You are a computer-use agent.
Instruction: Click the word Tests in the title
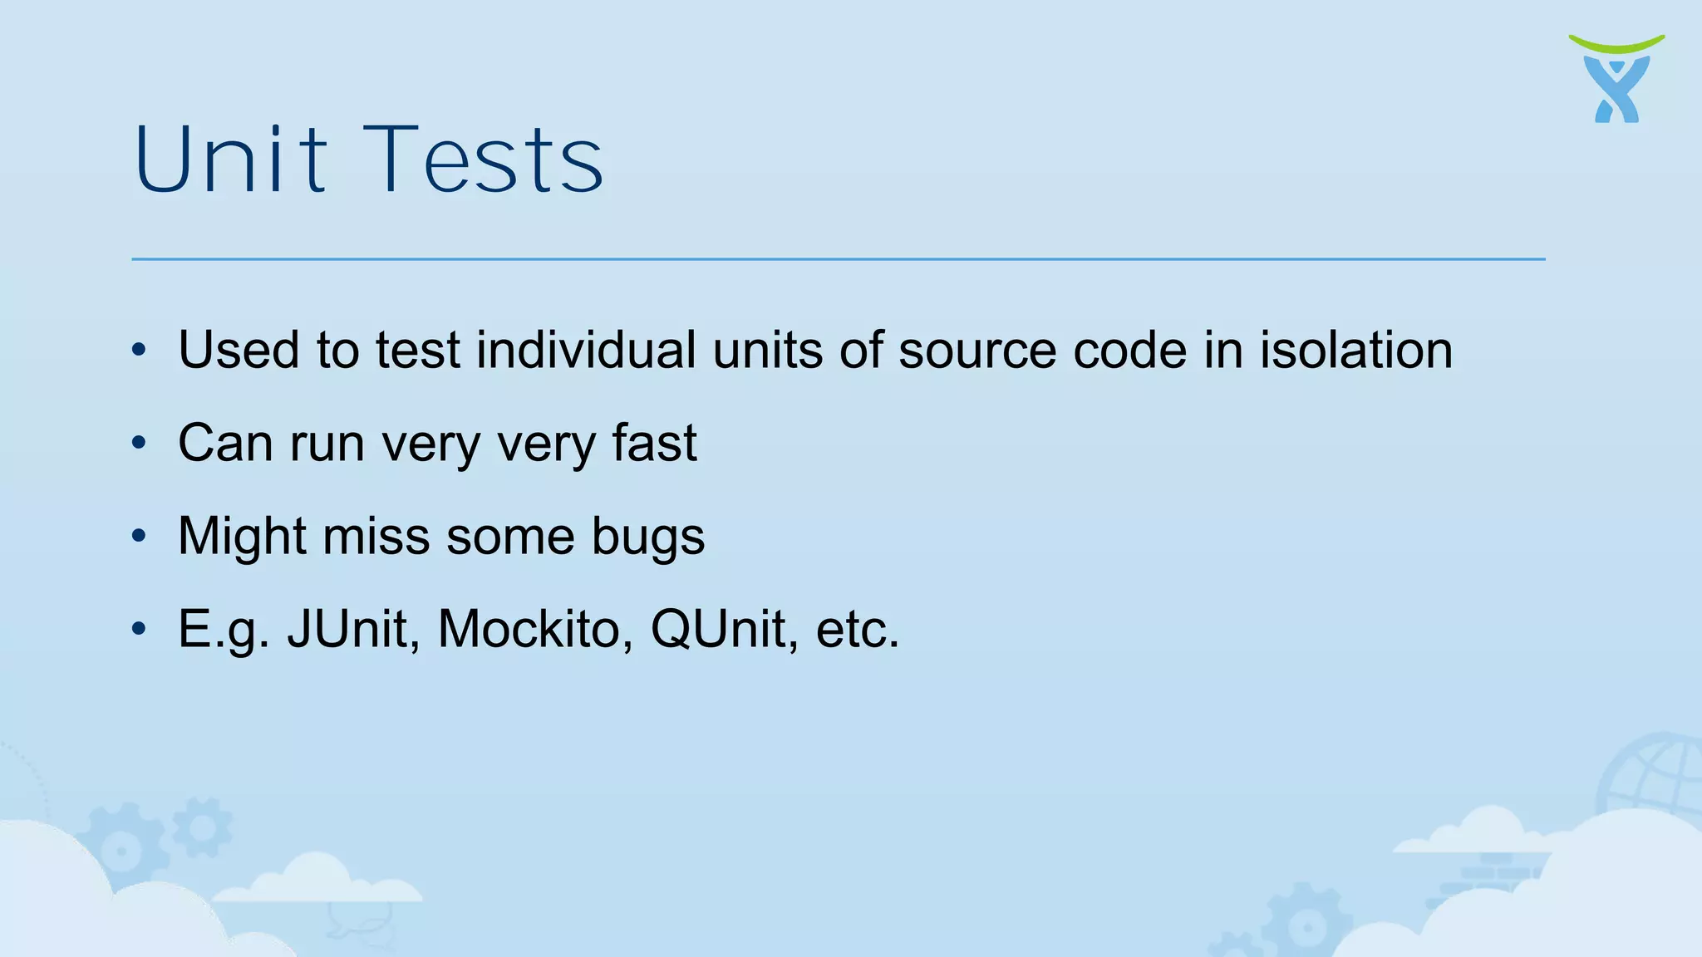click(x=484, y=159)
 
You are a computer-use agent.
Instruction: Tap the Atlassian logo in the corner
click(x=1616, y=79)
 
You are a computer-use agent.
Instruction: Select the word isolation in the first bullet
click(x=1355, y=350)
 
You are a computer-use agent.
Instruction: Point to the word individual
click(x=586, y=350)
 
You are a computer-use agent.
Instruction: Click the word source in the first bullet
click(x=977, y=350)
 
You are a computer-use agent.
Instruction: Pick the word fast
click(x=654, y=443)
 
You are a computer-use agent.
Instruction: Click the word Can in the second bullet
click(x=225, y=443)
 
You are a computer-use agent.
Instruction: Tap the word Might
click(x=242, y=536)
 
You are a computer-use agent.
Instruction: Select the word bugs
click(x=648, y=537)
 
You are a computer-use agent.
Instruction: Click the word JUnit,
click(x=354, y=629)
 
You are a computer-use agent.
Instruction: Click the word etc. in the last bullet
click(x=858, y=629)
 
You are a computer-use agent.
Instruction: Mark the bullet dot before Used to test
click(x=139, y=350)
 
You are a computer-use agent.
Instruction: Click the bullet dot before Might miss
click(x=139, y=536)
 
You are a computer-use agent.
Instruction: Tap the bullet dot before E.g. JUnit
click(x=139, y=629)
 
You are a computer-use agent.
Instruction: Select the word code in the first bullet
click(x=1130, y=350)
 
